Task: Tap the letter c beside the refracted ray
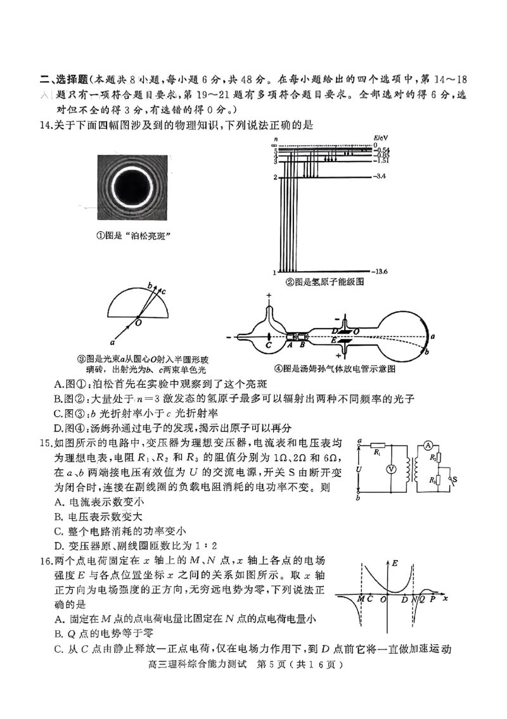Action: click(164, 291)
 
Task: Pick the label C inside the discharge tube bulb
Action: click(269, 346)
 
